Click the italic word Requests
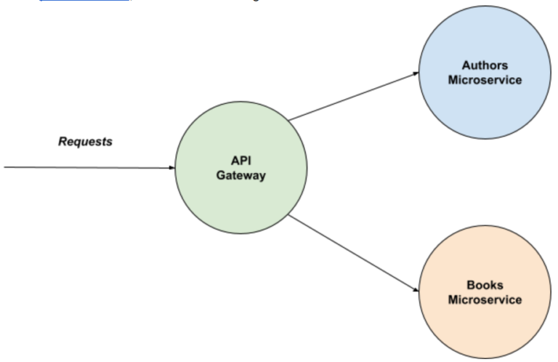85,142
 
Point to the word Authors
485,66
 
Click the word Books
485,286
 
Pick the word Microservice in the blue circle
485,80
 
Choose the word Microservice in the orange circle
485,299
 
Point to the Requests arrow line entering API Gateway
87,167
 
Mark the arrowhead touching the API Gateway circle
172,167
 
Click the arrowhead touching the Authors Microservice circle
416,73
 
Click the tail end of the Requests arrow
6,167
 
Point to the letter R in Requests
62,142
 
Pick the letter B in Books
469,286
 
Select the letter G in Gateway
220,175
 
